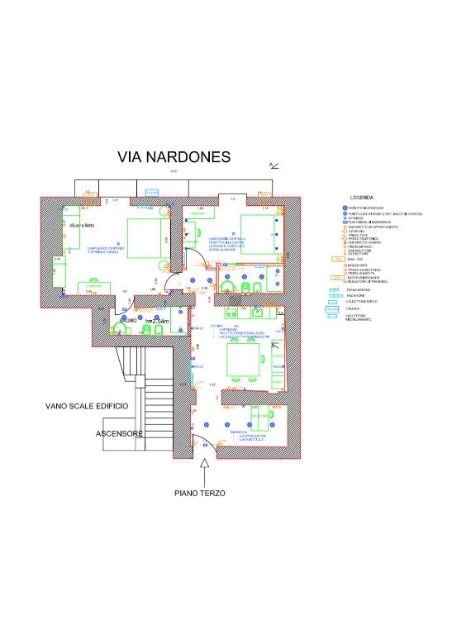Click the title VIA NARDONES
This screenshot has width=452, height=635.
coord(174,157)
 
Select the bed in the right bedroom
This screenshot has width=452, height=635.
coord(257,234)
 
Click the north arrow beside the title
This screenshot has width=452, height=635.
coord(274,165)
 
